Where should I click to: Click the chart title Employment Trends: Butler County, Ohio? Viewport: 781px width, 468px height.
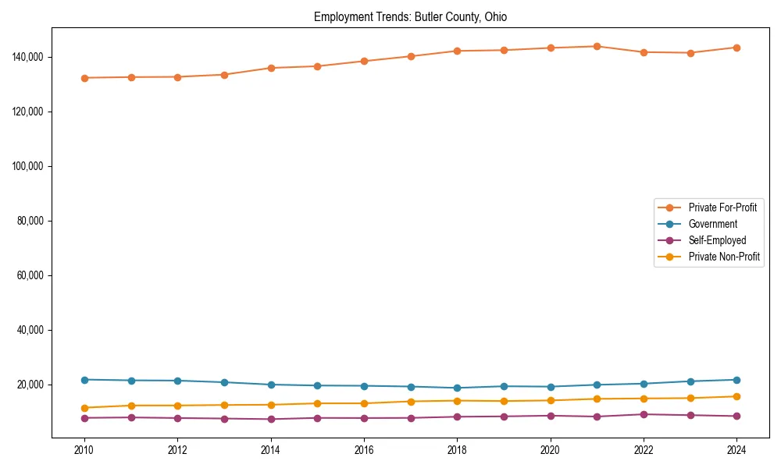pos(410,17)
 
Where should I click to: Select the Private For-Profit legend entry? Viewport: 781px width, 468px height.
pos(722,207)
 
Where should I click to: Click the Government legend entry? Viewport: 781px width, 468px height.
pos(712,224)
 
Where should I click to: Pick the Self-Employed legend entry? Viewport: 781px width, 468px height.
pos(717,240)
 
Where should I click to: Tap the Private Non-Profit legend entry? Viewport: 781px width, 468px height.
pos(723,257)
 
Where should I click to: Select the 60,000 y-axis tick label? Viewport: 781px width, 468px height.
pos(32,275)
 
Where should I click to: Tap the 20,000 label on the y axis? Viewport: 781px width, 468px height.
pos(32,385)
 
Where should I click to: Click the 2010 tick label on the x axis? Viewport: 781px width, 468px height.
pos(84,450)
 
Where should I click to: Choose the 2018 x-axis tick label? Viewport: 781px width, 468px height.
pos(457,450)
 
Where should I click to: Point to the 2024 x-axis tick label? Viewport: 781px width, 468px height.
pos(736,450)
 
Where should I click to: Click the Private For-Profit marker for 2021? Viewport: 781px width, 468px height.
pos(597,46)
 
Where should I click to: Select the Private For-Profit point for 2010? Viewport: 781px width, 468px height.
pos(84,78)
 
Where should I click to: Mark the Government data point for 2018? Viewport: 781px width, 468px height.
pos(457,388)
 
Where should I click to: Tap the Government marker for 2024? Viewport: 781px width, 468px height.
pos(736,380)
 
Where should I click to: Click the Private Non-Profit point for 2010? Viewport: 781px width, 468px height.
pos(84,408)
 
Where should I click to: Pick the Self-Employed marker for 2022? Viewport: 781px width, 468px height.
pos(644,414)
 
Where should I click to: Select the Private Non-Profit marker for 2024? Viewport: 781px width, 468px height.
pos(736,396)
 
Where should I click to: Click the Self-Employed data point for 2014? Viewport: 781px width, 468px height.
pos(271,419)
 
